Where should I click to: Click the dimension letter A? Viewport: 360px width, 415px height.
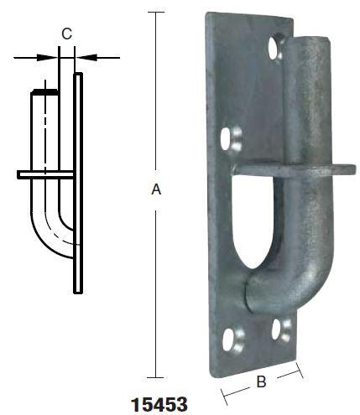click(x=155, y=191)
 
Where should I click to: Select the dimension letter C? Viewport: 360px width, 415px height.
click(x=66, y=34)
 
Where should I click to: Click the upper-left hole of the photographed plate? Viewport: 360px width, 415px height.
click(x=229, y=136)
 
